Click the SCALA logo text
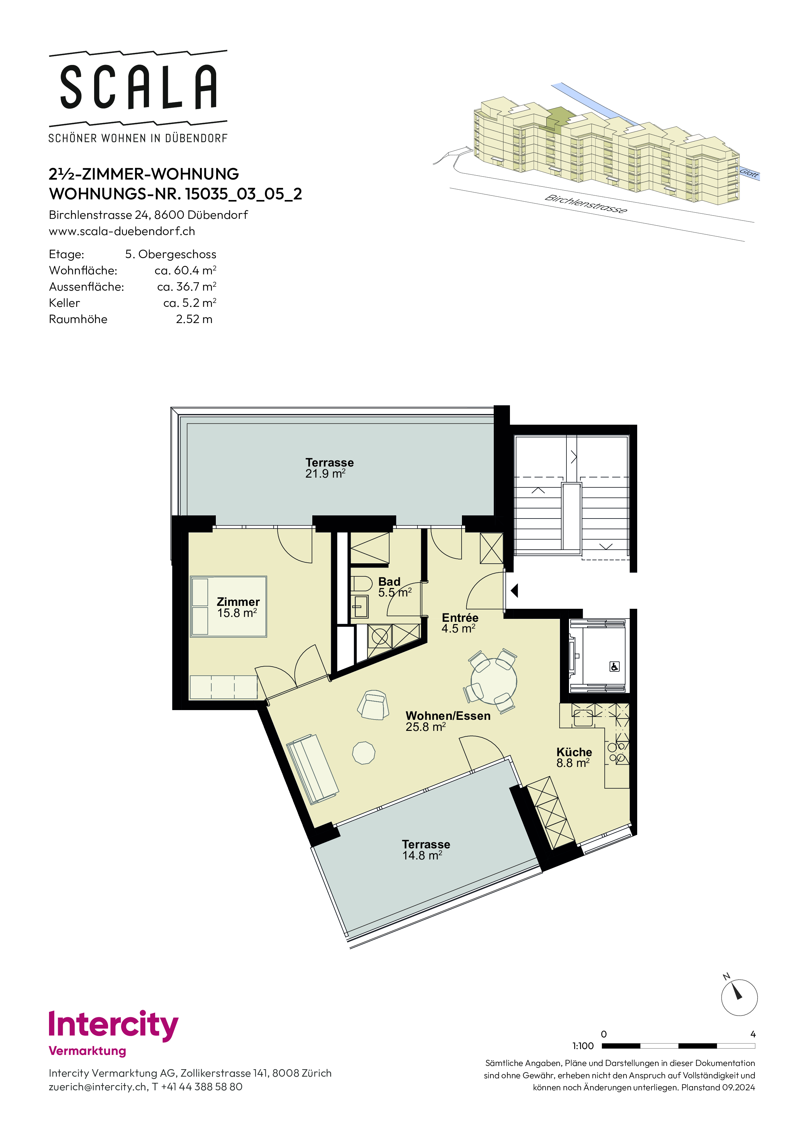(138, 87)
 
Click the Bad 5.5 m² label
(395, 587)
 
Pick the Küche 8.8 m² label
(574, 757)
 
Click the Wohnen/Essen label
(448, 716)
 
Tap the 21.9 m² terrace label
(325, 474)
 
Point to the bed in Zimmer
(229, 606)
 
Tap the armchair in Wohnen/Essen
(374, 705)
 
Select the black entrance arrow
(514, 590)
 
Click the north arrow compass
(738, 997)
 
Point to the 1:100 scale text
(583, 1046)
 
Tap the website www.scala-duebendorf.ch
(122, 231)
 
